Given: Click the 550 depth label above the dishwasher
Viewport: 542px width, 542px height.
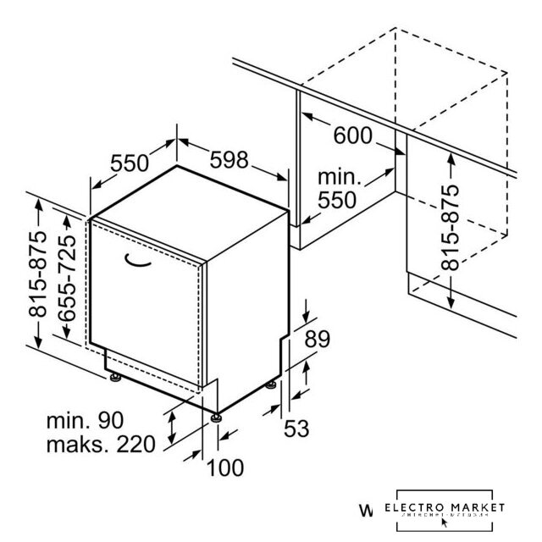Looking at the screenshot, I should point(130,164).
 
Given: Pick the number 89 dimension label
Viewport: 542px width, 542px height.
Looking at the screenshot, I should point(316,340).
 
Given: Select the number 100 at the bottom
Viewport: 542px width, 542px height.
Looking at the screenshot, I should point(224,467).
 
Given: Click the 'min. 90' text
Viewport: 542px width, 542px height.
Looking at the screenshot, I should point(85,419).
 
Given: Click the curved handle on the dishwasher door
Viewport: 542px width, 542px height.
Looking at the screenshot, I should point(141,262).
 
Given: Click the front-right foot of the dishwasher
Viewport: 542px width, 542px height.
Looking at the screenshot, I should point(218,416).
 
